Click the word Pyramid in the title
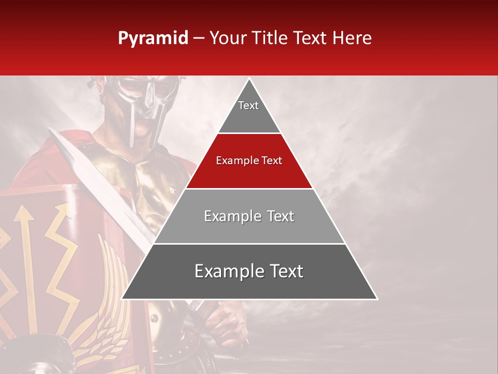click(153, 38)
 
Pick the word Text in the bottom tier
click(284, 271)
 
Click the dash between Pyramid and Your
click(199, 38)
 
